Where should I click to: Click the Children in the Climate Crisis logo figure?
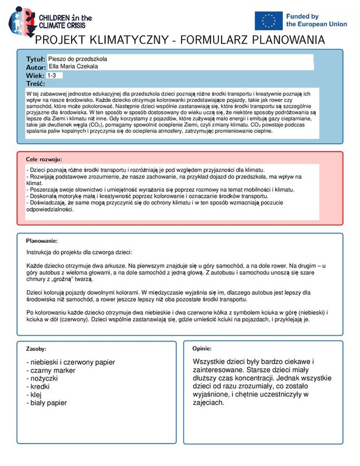click(x=20, y=19)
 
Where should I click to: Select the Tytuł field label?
click(x=35, y=58)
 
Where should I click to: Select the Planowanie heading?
click(x=41, y=241)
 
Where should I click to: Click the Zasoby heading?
click(x=36, y=350)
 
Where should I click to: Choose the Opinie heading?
click(x=202, y=349)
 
